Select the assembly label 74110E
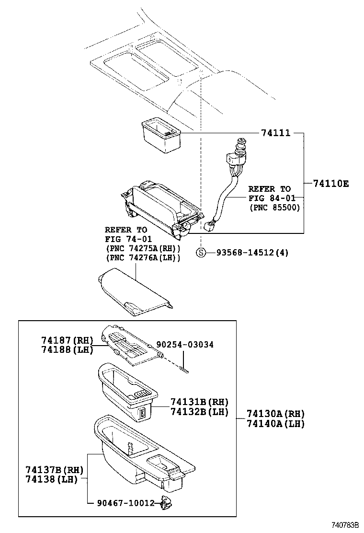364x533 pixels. click(331, 184)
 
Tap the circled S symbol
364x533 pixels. click(202, 253)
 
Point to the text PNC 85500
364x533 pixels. click(274, 208)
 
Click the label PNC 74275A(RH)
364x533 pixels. click(142, 248)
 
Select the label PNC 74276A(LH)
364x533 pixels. click(142, 258)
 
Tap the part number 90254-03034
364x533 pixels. click(185, 345)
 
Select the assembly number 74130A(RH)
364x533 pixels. click(275, 414)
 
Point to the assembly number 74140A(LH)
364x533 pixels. click(275, 424)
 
